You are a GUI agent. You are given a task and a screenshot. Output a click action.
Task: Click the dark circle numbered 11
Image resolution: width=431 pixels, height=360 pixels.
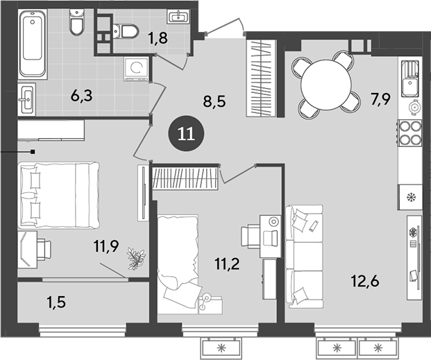[185, 134]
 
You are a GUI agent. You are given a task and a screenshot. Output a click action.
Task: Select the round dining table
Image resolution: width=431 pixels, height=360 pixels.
[326, 83]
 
